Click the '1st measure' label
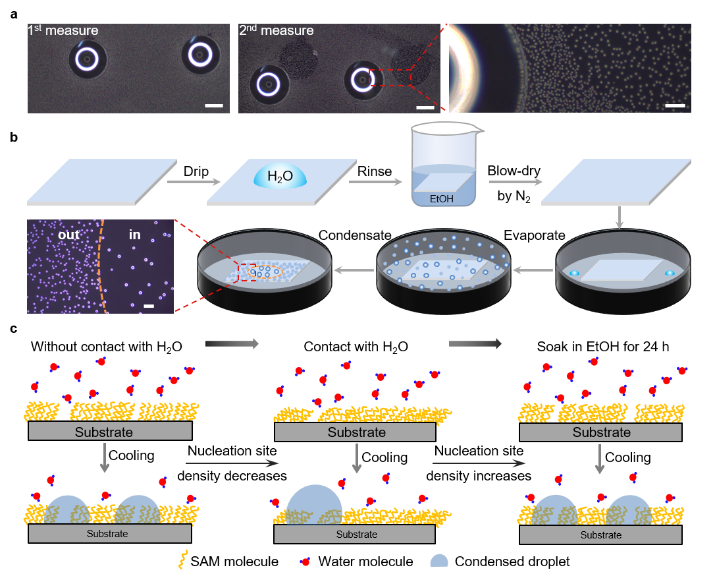(63, 30)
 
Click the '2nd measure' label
(276, 30)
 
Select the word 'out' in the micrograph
(68, 235)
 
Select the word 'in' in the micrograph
(134, 235)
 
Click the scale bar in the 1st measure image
(214, 105)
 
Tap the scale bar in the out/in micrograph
(149, 306)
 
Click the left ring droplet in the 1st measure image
(87, 59)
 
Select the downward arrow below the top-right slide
(618, 217)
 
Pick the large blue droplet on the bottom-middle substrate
(314, 505)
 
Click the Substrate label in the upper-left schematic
(104, 432)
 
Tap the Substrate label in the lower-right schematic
(600, 535)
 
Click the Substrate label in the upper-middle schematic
(356, 432)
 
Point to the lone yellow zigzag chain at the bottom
(182, 559)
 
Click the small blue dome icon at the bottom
(439, 561)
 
